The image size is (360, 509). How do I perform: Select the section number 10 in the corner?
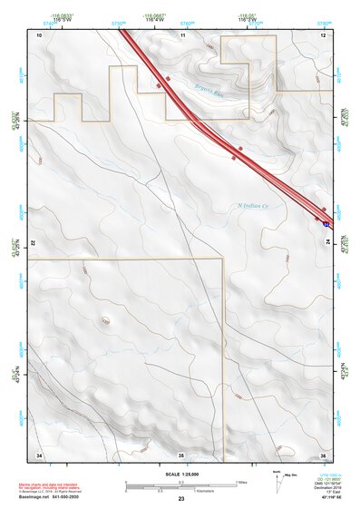39,34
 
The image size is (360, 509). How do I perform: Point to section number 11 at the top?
182,34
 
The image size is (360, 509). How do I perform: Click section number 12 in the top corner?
323,34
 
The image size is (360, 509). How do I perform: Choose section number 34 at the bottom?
39,454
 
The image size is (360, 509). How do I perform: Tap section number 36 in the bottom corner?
323,454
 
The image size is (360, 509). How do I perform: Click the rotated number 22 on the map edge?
32,244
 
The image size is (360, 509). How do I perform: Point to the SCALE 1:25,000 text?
180,475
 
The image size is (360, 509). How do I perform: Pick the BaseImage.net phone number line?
47,499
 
